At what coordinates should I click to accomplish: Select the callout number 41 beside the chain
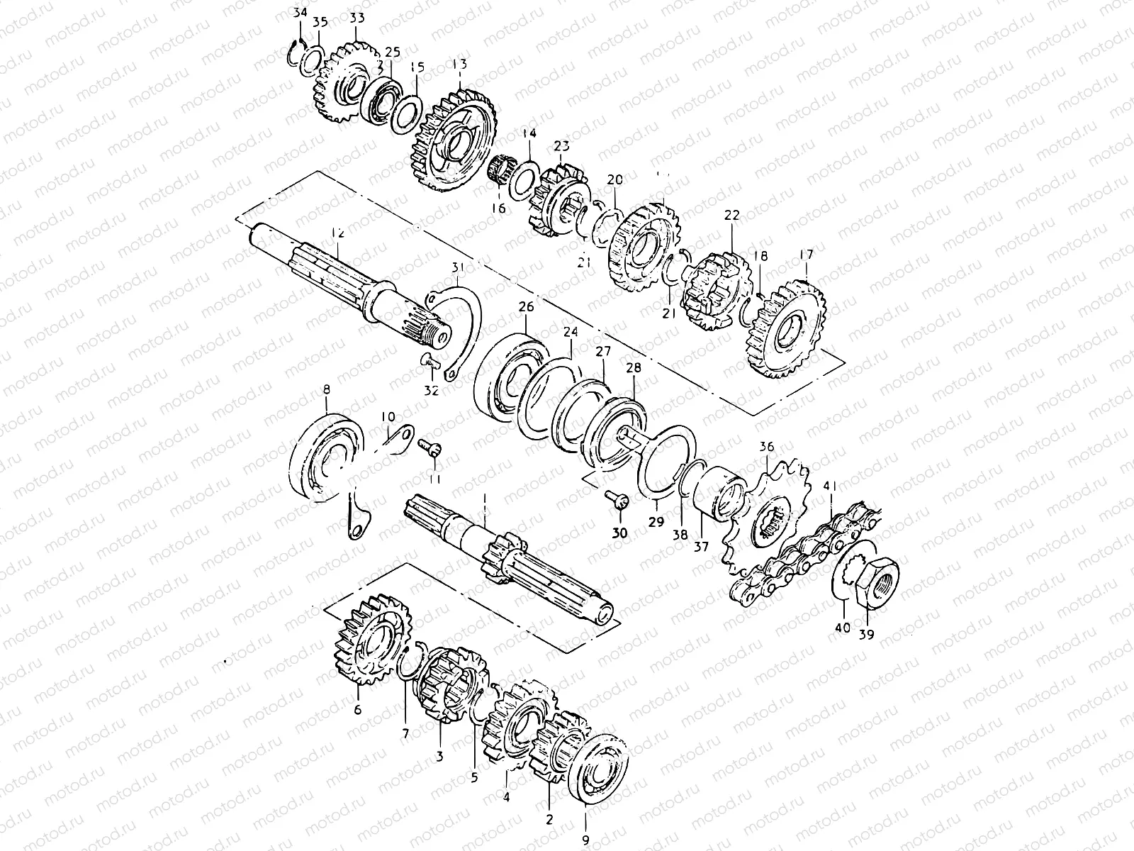[831, 486]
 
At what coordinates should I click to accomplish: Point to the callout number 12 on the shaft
[337, 233]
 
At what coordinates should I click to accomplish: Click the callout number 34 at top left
[300, 12]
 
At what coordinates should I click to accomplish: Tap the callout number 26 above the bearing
[525, 307]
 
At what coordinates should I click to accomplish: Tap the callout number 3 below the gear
[439, 757]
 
